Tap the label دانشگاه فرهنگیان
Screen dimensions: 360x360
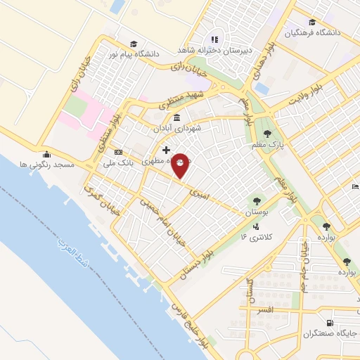(312, 32)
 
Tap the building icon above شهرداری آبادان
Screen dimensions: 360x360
(174, 117)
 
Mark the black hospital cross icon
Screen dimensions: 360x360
(166, 150)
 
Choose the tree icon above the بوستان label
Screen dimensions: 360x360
(255, 199)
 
